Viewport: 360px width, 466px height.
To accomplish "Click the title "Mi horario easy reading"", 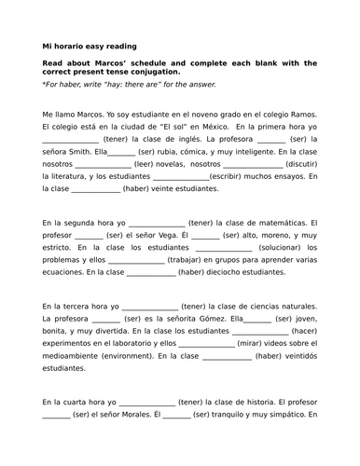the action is click(90, 45).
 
